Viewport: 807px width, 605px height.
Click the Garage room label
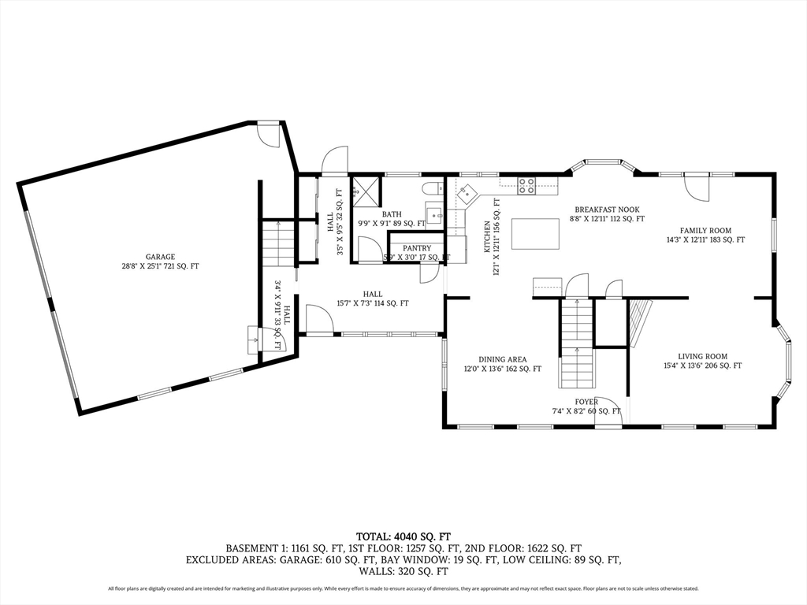[160, 257]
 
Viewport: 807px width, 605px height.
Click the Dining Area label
[502, 360]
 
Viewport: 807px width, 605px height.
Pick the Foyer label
[586, 402]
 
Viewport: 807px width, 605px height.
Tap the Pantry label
[417, 248]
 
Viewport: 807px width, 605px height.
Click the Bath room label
[392, 214]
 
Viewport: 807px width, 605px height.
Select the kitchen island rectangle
[536, 234]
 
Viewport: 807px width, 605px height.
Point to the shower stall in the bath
[366, 189]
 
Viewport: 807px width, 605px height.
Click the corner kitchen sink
[468, 191]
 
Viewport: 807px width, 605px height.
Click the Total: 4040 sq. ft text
[403, 536]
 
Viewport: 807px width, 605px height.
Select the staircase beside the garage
[278, 243]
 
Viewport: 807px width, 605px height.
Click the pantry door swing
[430, 273]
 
